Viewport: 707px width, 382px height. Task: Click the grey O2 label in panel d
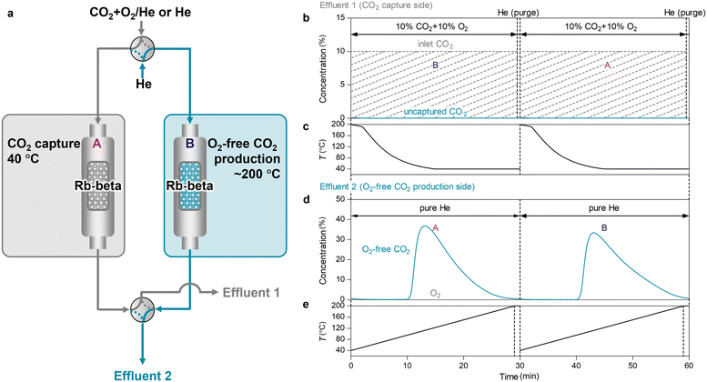pos(434,294)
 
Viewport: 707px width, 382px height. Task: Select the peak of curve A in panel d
pos(424,226)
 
